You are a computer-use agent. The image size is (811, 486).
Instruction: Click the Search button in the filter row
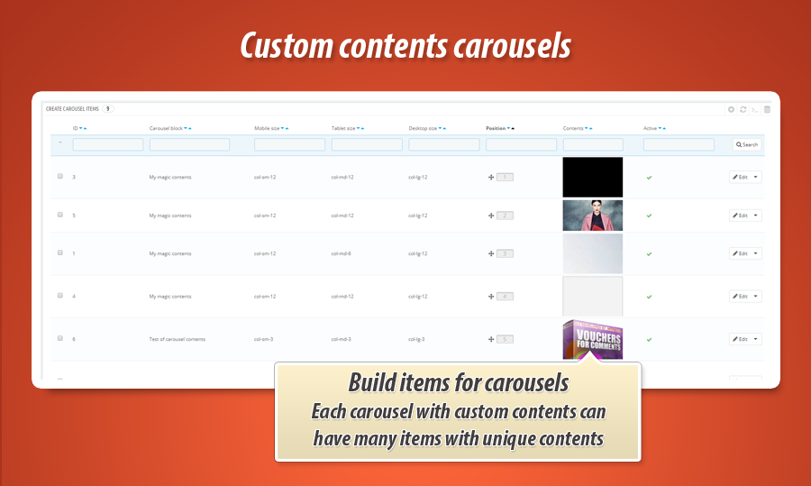[x=746, y=144]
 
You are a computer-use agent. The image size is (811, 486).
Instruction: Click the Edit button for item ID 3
[x=740, y=177]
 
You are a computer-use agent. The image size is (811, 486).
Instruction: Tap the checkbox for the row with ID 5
[x=60, y=215]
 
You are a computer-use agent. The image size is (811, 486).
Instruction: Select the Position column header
[x=496, y=128]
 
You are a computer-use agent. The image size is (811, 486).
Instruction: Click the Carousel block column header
[x=166, y=128]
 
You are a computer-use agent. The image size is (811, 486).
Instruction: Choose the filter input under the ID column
[x=107, y=144]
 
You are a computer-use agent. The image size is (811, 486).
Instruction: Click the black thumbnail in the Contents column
[x=592, y=177]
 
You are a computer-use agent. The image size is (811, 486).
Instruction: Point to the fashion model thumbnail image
[x=592, y=215]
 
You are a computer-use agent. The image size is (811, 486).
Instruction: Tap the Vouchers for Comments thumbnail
[x=592, y=339]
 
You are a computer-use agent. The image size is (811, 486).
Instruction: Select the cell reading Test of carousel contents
[x=178, y=339]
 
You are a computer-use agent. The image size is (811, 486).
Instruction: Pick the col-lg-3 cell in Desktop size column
[x=417, y=339]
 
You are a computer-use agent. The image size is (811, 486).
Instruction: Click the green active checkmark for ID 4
[x=649, y=297]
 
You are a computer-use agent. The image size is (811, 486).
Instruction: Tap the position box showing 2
[x=505, y=215]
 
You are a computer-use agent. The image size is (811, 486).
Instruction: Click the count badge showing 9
[x=108, y=108]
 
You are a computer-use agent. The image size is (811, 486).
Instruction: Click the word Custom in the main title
[x=279, y=46]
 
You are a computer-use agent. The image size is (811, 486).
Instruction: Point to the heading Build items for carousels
[x=458, y=382]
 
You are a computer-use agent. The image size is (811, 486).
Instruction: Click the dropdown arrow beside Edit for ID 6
[x=756, y=339]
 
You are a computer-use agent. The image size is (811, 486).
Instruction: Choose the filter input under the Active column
[x=679, y=144]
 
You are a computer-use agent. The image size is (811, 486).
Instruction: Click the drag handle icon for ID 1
[x=491, y=253]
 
